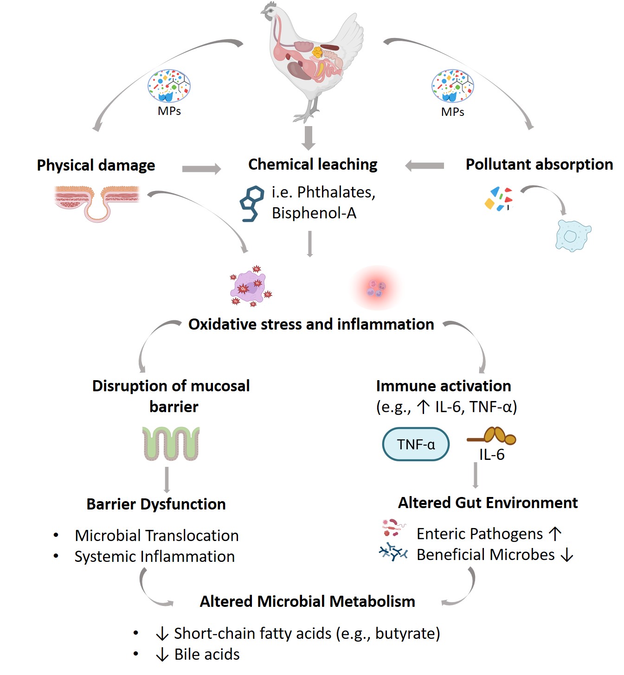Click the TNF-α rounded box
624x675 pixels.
(415, 444)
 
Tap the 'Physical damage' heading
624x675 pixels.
(96, 165)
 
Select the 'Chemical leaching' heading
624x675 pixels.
(313, 164)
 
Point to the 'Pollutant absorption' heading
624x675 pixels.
(539, 164)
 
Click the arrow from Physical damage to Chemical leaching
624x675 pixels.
(201, 169)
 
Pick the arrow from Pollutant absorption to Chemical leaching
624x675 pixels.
(425, 166)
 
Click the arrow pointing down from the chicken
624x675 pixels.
(309, 138)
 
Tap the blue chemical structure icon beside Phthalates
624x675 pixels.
(252, 204)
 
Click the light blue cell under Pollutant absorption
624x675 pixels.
(573, 236)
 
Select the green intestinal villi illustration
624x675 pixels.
(171, 444)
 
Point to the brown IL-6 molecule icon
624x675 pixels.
(491, 436)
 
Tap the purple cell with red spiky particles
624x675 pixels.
(251, 286)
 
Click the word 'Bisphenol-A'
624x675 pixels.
(314, 213)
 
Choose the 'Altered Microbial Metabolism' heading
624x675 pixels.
(307, 601)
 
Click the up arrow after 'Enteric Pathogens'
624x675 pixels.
(555, 534)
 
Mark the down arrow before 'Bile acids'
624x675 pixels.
(162, 654)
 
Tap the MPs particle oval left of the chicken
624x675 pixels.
(169, 86)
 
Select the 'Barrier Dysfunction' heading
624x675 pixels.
(156, 504)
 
